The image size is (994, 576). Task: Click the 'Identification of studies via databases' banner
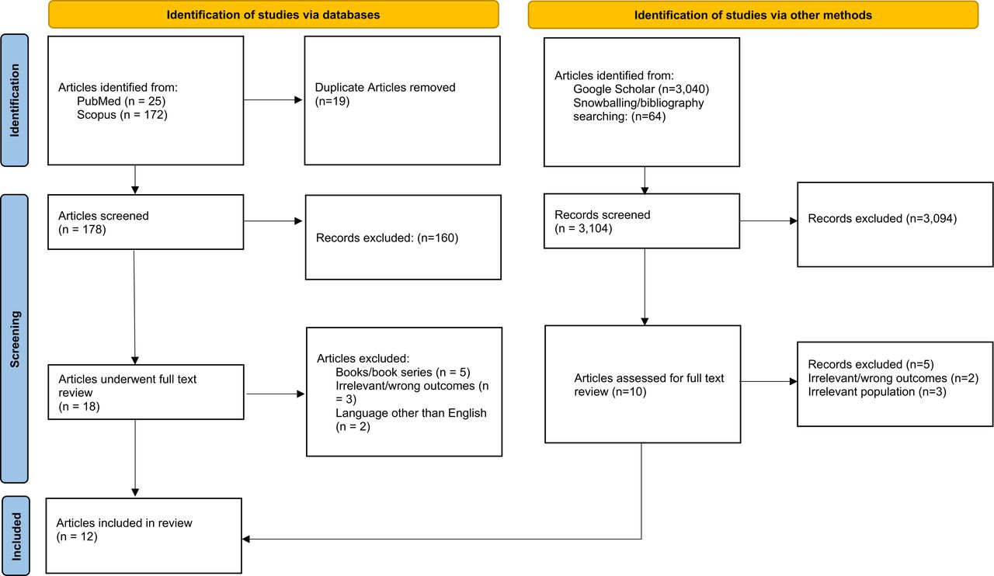pyautogui.click(x=273, y=15)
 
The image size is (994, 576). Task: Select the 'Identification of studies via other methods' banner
pyautogui.click(x=753, y=15)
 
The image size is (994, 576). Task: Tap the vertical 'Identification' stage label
pyautogui.click(x=15, y=100)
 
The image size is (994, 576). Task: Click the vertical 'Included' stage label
pyautogui.click(x=16, y=536)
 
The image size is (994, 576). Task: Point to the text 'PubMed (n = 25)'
pyautogui.click(x=121, y=101)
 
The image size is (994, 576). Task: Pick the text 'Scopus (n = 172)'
pyautogui.click(x=122, y=115)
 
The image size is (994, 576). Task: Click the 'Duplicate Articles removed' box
pyautogui.click(x=402, y=101)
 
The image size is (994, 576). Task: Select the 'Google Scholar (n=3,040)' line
pyautogui.click(x=641, y=89)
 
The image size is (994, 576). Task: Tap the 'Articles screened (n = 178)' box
pyautogui.click(x=145, y=222)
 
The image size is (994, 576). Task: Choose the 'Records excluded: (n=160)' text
pyautogui.click(x=387, y=238)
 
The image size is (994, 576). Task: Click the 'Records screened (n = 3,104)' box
pyautogui.click(x=641, y=221)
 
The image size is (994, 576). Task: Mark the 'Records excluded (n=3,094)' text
pyautogui.click(x=882, y=219)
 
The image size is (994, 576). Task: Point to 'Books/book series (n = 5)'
pyautogui.click(x=403, y=373)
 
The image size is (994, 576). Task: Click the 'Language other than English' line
pyautogui.click(x=411, y=413)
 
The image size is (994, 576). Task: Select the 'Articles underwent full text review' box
pyautogui.click(x=146, y=392)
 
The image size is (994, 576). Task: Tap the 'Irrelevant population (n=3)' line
pyautogui.click(x=878, y=392)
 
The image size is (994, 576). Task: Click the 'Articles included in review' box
pyautogui.click(x=144, y=536)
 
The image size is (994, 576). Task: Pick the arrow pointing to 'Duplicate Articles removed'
pyautogui.click(x=273, y=100)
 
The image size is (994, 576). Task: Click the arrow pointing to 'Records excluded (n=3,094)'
pyautogui.click(x=769, y=220)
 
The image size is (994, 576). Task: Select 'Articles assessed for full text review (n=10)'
pyautogui.click(x=648, y=385)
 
